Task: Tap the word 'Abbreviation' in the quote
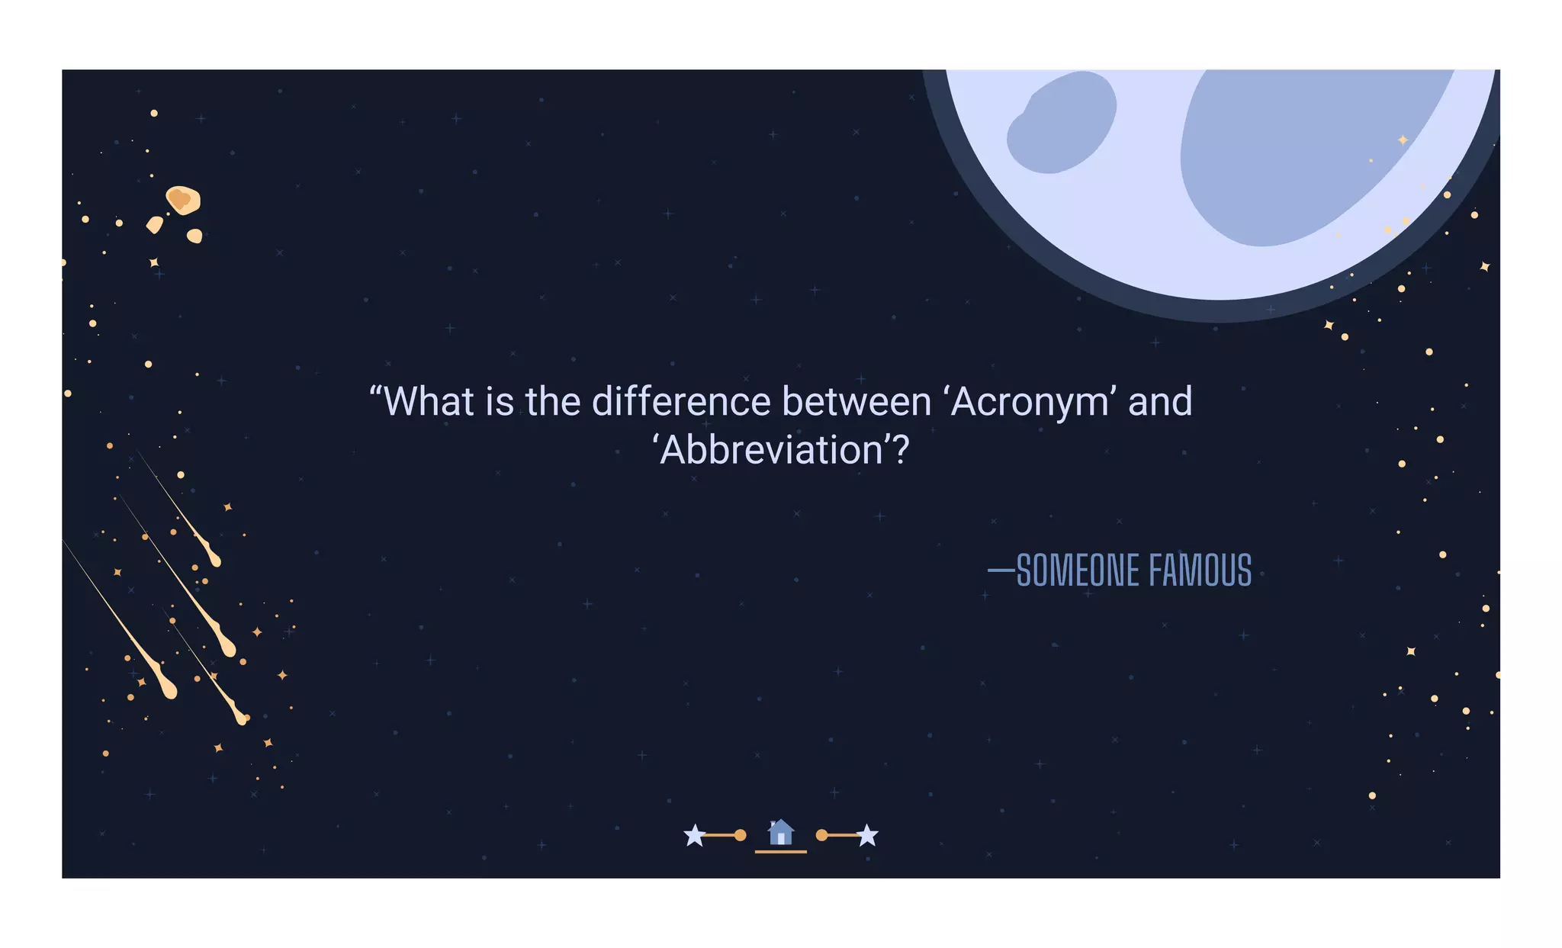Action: [771, 450]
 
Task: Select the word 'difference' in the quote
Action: [681, 402]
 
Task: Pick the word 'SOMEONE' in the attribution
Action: [1078, 570]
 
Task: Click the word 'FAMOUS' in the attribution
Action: [1200, 570]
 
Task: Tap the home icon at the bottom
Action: [780, 832]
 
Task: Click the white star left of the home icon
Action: [694, 836]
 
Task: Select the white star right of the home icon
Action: [867, 836]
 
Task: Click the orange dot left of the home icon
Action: [740, 835]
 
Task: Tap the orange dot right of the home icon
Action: [821, 835]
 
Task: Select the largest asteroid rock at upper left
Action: [183, 200]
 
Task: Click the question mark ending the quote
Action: [901, 450]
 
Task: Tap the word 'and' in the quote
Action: [1160, 402]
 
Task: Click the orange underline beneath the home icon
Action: [780, 851]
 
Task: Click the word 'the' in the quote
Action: [553, 402]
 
